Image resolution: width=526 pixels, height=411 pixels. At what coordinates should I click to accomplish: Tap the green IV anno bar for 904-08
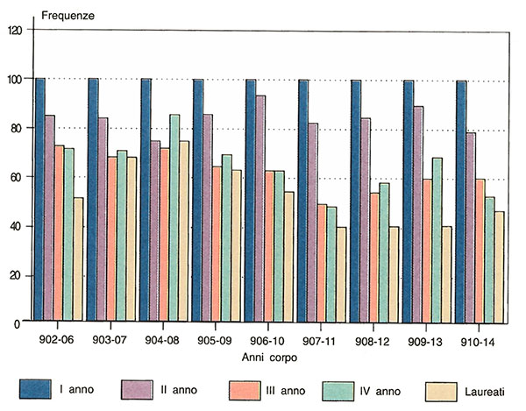(x=175, y=218)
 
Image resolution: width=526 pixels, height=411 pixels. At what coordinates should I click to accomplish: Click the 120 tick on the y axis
(x=13, y=31)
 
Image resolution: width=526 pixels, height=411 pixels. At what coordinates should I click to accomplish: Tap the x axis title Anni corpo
(x=267, y=358)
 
